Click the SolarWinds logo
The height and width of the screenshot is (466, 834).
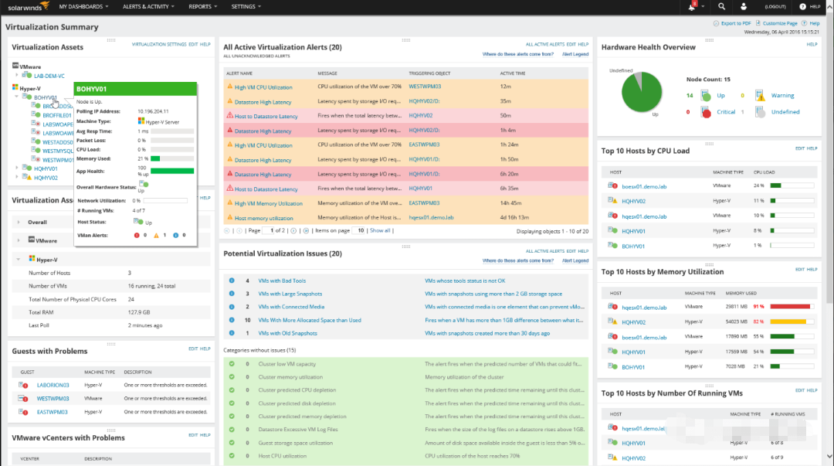click(x=26, y=6)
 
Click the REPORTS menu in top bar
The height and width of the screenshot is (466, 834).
click(x=202, y=6)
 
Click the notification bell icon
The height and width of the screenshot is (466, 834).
click(x=692, y=7)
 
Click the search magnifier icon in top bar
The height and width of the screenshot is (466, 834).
click(x=721, y=6)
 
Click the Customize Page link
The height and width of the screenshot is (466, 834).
click(x=779, y=24)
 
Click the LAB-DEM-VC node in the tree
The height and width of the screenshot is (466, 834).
click(x=49, y=76)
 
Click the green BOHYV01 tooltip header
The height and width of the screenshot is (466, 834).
click(x=135, y=90)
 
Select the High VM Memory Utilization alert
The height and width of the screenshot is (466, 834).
click(x=268, y=203)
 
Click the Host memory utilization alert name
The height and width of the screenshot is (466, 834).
click(x=263, y=218)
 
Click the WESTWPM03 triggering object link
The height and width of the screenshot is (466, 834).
click(x=424, y=87)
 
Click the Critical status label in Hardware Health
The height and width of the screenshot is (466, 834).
click(x=726, y=112)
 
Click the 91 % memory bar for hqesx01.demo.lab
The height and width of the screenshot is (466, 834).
click(x=790, y=308)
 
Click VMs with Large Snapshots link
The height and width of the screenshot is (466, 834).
click(x=290, y=294)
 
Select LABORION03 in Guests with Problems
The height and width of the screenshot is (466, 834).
click(x=53, y=385)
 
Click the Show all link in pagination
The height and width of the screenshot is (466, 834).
click(x=380, y=230)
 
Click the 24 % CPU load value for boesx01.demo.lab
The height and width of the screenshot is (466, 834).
click(x=758, y=185)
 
